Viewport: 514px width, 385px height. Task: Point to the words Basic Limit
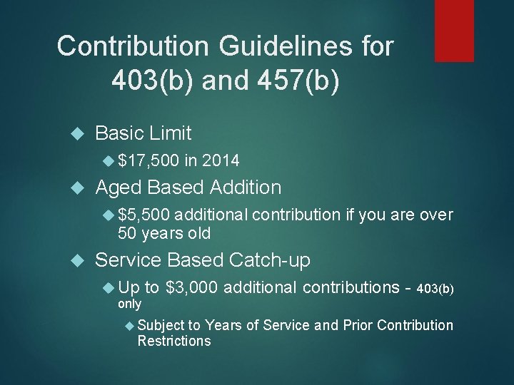coord(143,133)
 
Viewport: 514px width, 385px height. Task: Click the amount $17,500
coord(148,160)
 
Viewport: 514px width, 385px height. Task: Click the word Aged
coord(118,188)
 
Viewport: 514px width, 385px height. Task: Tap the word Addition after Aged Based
coord(246,188)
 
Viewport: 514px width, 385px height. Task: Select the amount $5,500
coord(143,215)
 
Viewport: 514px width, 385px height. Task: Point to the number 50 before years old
coord(128,233)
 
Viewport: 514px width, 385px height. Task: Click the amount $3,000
coord(191,287)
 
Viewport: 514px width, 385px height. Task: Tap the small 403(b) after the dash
coord(434,289)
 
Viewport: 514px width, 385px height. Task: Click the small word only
coord(129,304)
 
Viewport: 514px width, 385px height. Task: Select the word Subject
coord(161,326)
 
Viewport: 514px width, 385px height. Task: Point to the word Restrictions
coord(174,341)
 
